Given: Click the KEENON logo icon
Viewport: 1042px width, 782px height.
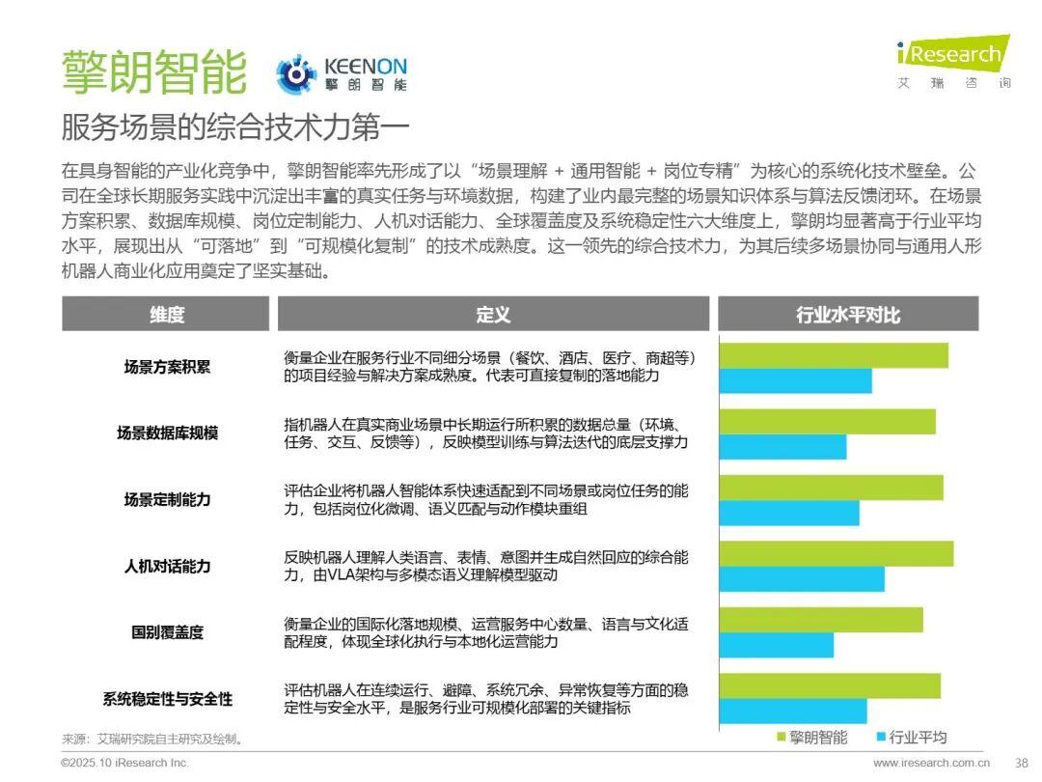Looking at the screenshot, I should coord(296,75).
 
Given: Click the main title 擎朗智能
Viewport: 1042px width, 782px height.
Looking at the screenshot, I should coord(154,71).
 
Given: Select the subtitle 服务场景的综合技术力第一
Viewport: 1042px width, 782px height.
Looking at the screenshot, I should coord(235,127).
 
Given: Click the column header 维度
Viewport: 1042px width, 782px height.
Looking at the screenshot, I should coord(167,314).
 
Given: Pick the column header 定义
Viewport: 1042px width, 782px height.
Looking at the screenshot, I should coord(493,314).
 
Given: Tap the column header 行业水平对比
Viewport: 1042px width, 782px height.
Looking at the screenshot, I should coord(848,314).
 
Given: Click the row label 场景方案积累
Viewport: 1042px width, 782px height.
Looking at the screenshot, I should coord(167,367).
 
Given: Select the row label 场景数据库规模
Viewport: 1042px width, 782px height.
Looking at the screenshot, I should coord(167,433).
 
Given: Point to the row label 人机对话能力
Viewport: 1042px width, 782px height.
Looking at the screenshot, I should coord(167,566).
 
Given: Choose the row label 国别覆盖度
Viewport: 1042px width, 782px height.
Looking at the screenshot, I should coord(167,632).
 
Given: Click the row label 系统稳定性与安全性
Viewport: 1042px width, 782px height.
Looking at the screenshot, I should coord(167,699).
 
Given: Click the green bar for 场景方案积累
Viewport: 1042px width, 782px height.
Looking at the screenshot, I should coord(834,355).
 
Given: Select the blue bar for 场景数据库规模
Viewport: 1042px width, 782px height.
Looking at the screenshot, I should coord(782,447).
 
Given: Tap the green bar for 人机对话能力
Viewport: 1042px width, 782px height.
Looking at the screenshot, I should coord(836,553).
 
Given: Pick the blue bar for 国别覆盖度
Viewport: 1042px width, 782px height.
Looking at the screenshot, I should coord(777,645).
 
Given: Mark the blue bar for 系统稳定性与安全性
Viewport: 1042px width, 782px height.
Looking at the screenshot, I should coord(793,712).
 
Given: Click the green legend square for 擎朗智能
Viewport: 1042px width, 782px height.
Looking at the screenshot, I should coord(781,738).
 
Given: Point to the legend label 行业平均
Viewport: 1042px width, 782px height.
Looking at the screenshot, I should coord(918,738).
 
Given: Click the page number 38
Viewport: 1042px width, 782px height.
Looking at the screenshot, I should coord(1021,763).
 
